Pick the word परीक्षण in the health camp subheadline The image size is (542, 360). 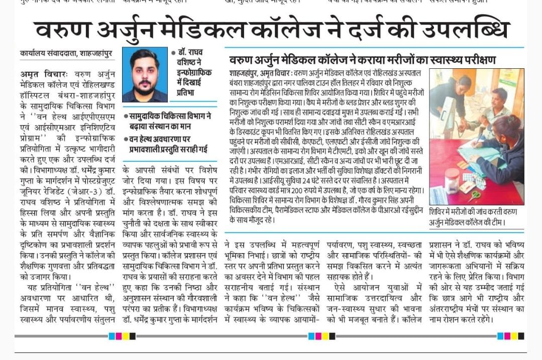coord(477,60)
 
